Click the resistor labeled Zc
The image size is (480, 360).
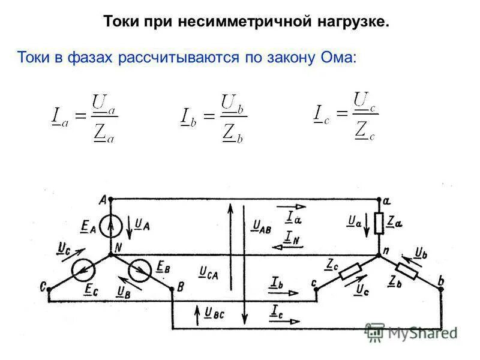click(x=349, y=273)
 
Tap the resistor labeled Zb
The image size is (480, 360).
click(x=409, y=273)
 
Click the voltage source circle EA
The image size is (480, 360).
click(x=111, y=226)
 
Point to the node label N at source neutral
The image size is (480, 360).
click(x=118, y=247)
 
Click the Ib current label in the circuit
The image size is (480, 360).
click(x=277, y=282)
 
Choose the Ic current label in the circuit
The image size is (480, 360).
click(x=277, y=311)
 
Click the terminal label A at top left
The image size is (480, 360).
click(x=103, y=199)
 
